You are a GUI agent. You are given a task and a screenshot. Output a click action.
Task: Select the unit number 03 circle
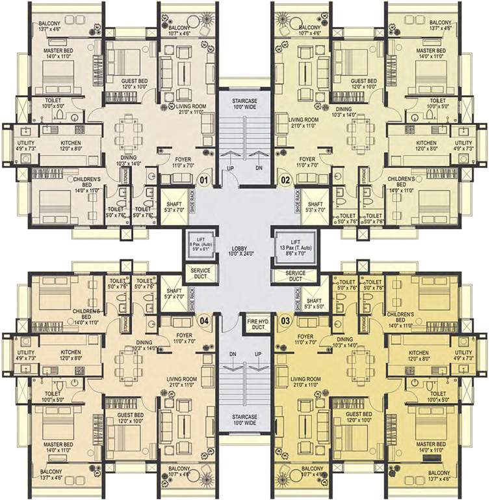point(285,320)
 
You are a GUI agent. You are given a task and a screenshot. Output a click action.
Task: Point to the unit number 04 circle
point(204,320)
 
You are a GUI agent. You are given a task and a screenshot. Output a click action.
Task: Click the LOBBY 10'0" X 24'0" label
point(244,251)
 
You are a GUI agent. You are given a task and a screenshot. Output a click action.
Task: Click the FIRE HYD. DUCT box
point(258,324)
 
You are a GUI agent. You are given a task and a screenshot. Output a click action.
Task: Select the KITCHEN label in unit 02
point(426,145)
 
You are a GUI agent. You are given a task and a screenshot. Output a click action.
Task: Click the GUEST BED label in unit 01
point(133,83)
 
